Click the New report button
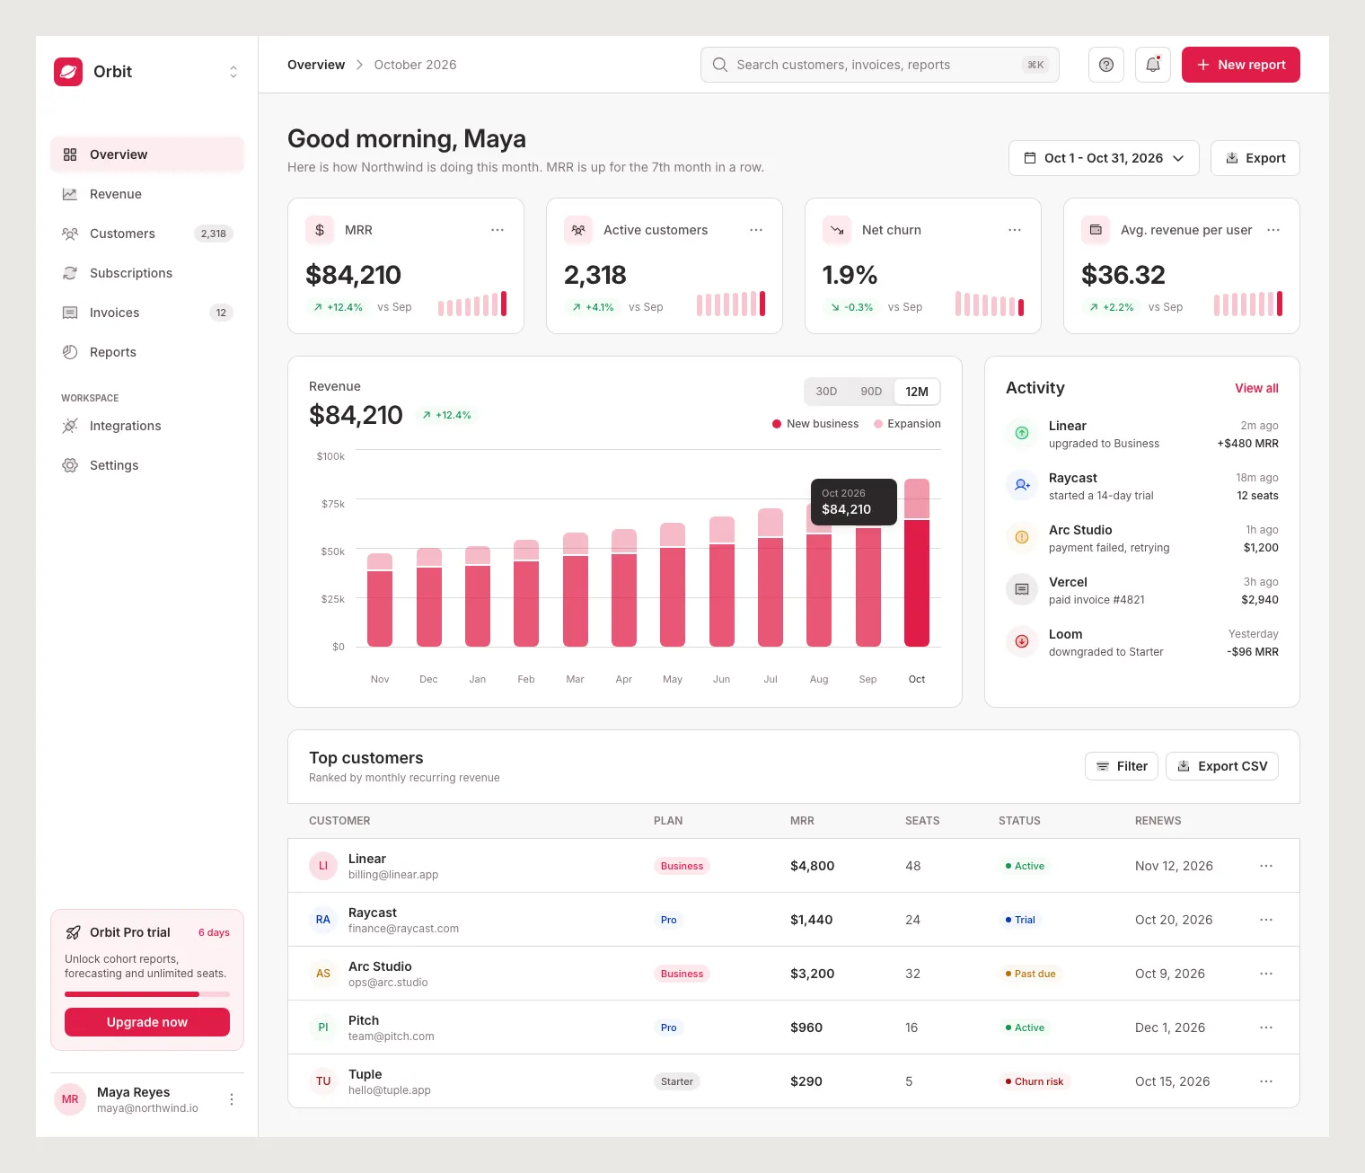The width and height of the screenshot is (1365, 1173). pos(1240,65)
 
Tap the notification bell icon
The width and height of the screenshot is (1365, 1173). pos(1152,65)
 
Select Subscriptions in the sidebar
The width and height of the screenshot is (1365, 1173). pos(131,273)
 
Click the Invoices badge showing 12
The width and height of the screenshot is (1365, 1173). pos(221,313)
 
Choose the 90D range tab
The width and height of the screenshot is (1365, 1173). pos(870,391)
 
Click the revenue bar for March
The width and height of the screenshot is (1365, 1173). pos(575,589)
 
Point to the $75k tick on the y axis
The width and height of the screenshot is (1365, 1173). pos(333,504)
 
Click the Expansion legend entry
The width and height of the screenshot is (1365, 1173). pos(907,423)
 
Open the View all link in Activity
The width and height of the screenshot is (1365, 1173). pos(1256,388)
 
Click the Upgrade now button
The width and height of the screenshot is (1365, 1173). pos(147,1022)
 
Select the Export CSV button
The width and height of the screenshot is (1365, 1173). pos(1221,766)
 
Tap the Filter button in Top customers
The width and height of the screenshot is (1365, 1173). pos(1122,766)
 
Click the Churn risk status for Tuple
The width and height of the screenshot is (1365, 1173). pos(1034,1081)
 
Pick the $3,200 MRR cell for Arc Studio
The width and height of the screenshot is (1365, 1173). pos(812,974)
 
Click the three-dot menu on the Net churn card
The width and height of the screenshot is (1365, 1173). pos(1015,230)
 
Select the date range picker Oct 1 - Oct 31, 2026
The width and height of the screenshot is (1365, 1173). pos(1104,158)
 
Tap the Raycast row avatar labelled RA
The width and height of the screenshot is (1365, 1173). pos(323,920)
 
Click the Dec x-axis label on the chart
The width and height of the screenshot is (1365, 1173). pos(428,679)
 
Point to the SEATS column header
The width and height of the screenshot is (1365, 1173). pos(922,820)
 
